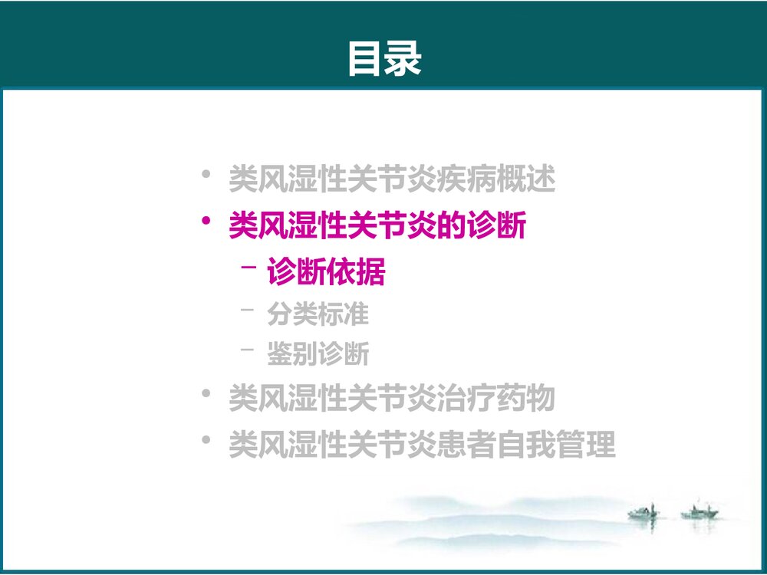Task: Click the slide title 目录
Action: (384, 59)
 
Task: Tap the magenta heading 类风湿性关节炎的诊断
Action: (377, 225)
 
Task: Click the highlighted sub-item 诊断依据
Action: (326, 272)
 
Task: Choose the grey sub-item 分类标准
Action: (318, 314)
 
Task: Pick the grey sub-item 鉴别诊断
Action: (318, 354)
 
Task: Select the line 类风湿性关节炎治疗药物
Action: (392, 399)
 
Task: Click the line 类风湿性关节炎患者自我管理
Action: (422, 445)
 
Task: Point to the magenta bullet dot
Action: (205, 222)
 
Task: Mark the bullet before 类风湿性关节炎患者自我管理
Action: (205, 441)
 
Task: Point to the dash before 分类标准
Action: (246, 310)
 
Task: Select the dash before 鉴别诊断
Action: (246, 351)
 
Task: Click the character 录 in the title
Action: (403, 59)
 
